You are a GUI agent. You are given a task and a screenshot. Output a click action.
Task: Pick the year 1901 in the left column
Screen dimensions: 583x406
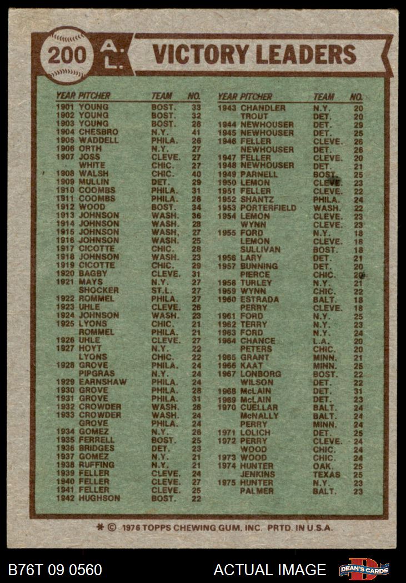[66, 107]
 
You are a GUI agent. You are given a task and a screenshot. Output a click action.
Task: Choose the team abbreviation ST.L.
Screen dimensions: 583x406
[162, 290]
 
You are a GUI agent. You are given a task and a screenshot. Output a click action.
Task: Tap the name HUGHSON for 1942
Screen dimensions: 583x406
[99, 498]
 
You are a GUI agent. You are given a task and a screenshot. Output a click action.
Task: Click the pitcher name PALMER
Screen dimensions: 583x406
[257, 491]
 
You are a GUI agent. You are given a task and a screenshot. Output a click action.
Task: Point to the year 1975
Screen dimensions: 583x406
[227, 483]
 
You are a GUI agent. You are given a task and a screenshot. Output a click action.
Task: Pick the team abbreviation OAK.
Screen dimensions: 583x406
[323, 466]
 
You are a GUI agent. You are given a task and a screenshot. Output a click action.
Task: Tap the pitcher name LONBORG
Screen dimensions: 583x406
[260, 374]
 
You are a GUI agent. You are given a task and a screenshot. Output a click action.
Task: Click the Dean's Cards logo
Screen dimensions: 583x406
[364, 570]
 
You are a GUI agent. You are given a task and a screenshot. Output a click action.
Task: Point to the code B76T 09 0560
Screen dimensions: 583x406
[56, 570]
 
